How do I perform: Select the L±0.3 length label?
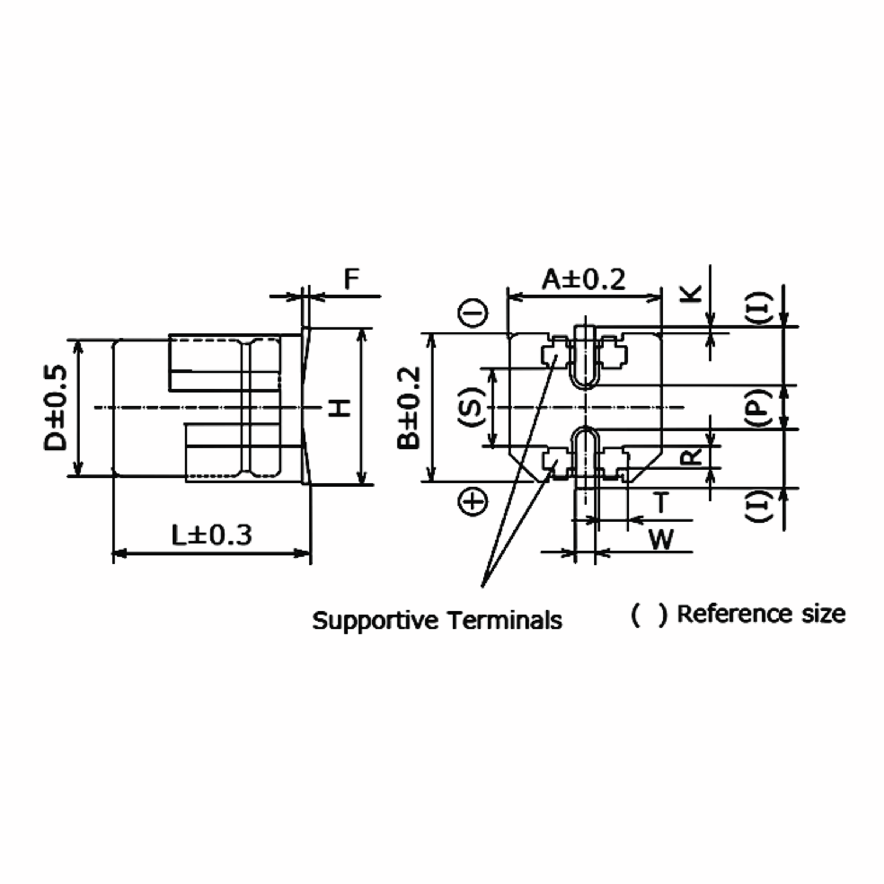tap(211, 535)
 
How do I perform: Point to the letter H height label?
tap(340, 408)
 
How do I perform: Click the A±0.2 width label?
tap(583, 280)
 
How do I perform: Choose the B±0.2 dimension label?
tap(408, 408)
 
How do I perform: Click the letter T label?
tap(661, 503)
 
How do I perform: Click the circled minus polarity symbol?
tap(473, 313)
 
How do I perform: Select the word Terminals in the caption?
tap(505, 621)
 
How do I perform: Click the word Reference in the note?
tap(735, 614)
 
